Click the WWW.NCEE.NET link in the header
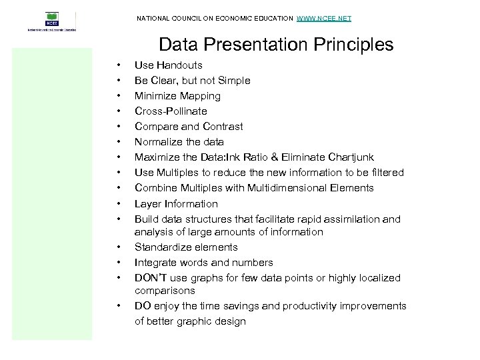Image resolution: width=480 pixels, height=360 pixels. click(323, 18)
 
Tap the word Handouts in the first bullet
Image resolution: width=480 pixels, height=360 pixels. click(179, 65)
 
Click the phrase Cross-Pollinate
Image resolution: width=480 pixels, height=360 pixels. click(171, 111)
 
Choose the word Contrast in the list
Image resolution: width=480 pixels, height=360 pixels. click(221, 127)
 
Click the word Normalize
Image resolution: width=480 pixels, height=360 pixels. click(158, 142)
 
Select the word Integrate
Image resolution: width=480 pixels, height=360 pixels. click(156, 263)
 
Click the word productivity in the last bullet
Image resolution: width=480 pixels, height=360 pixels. click(309, 306)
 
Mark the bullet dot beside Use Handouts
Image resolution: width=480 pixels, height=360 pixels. click(118, 65)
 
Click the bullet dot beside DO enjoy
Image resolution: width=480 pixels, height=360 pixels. click(118, 306)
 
